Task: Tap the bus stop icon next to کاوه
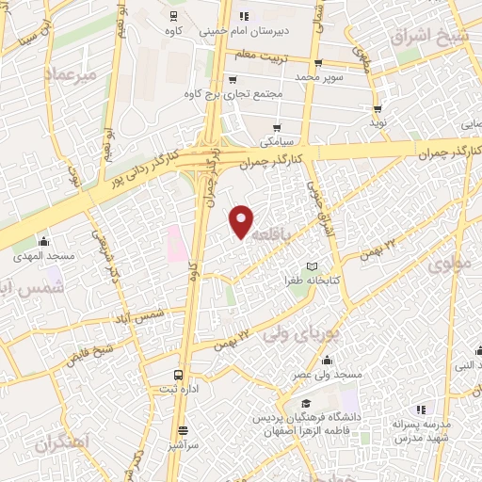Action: click(172, 16)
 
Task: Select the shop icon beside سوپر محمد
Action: click(318, 63)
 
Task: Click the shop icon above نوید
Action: click(378, 109)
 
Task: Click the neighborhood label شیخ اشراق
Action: click(424, 36)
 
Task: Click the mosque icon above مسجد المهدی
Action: click(43, 241)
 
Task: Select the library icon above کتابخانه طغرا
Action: click(313, 266)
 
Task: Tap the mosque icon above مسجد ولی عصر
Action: click(327, 360)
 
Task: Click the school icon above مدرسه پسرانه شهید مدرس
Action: click(421, 410)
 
